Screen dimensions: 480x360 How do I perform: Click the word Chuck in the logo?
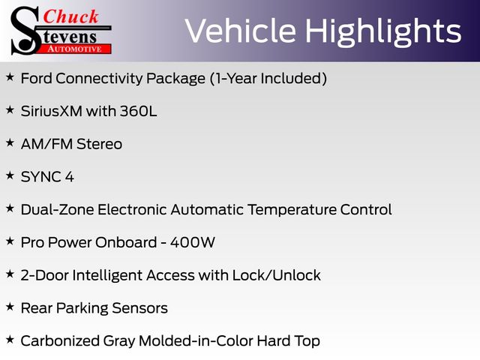[70, 16]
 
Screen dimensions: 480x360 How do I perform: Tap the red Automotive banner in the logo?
[76, 49]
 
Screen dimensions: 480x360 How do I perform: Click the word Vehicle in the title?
[241, 31]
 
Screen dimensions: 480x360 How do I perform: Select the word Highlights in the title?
[383, 32]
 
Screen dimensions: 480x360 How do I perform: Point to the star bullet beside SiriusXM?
[10, 109]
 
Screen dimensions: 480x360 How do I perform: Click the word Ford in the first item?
[36, 78]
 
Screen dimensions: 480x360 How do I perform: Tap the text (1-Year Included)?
[268, 78]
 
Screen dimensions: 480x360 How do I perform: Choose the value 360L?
[138, 111]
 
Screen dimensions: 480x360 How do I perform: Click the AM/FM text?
[46, 144]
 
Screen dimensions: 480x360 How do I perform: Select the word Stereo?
[99, 144]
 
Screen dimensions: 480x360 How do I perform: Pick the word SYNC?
[40, 177]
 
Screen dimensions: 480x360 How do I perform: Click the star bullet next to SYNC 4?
[10, 175]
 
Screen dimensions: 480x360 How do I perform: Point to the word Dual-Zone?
[57, 210]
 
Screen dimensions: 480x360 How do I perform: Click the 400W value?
[193, 242]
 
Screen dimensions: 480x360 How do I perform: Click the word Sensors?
[139, 308]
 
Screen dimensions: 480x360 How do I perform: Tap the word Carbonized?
[60, 341]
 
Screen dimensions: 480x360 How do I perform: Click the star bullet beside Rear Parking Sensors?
[10, 307]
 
